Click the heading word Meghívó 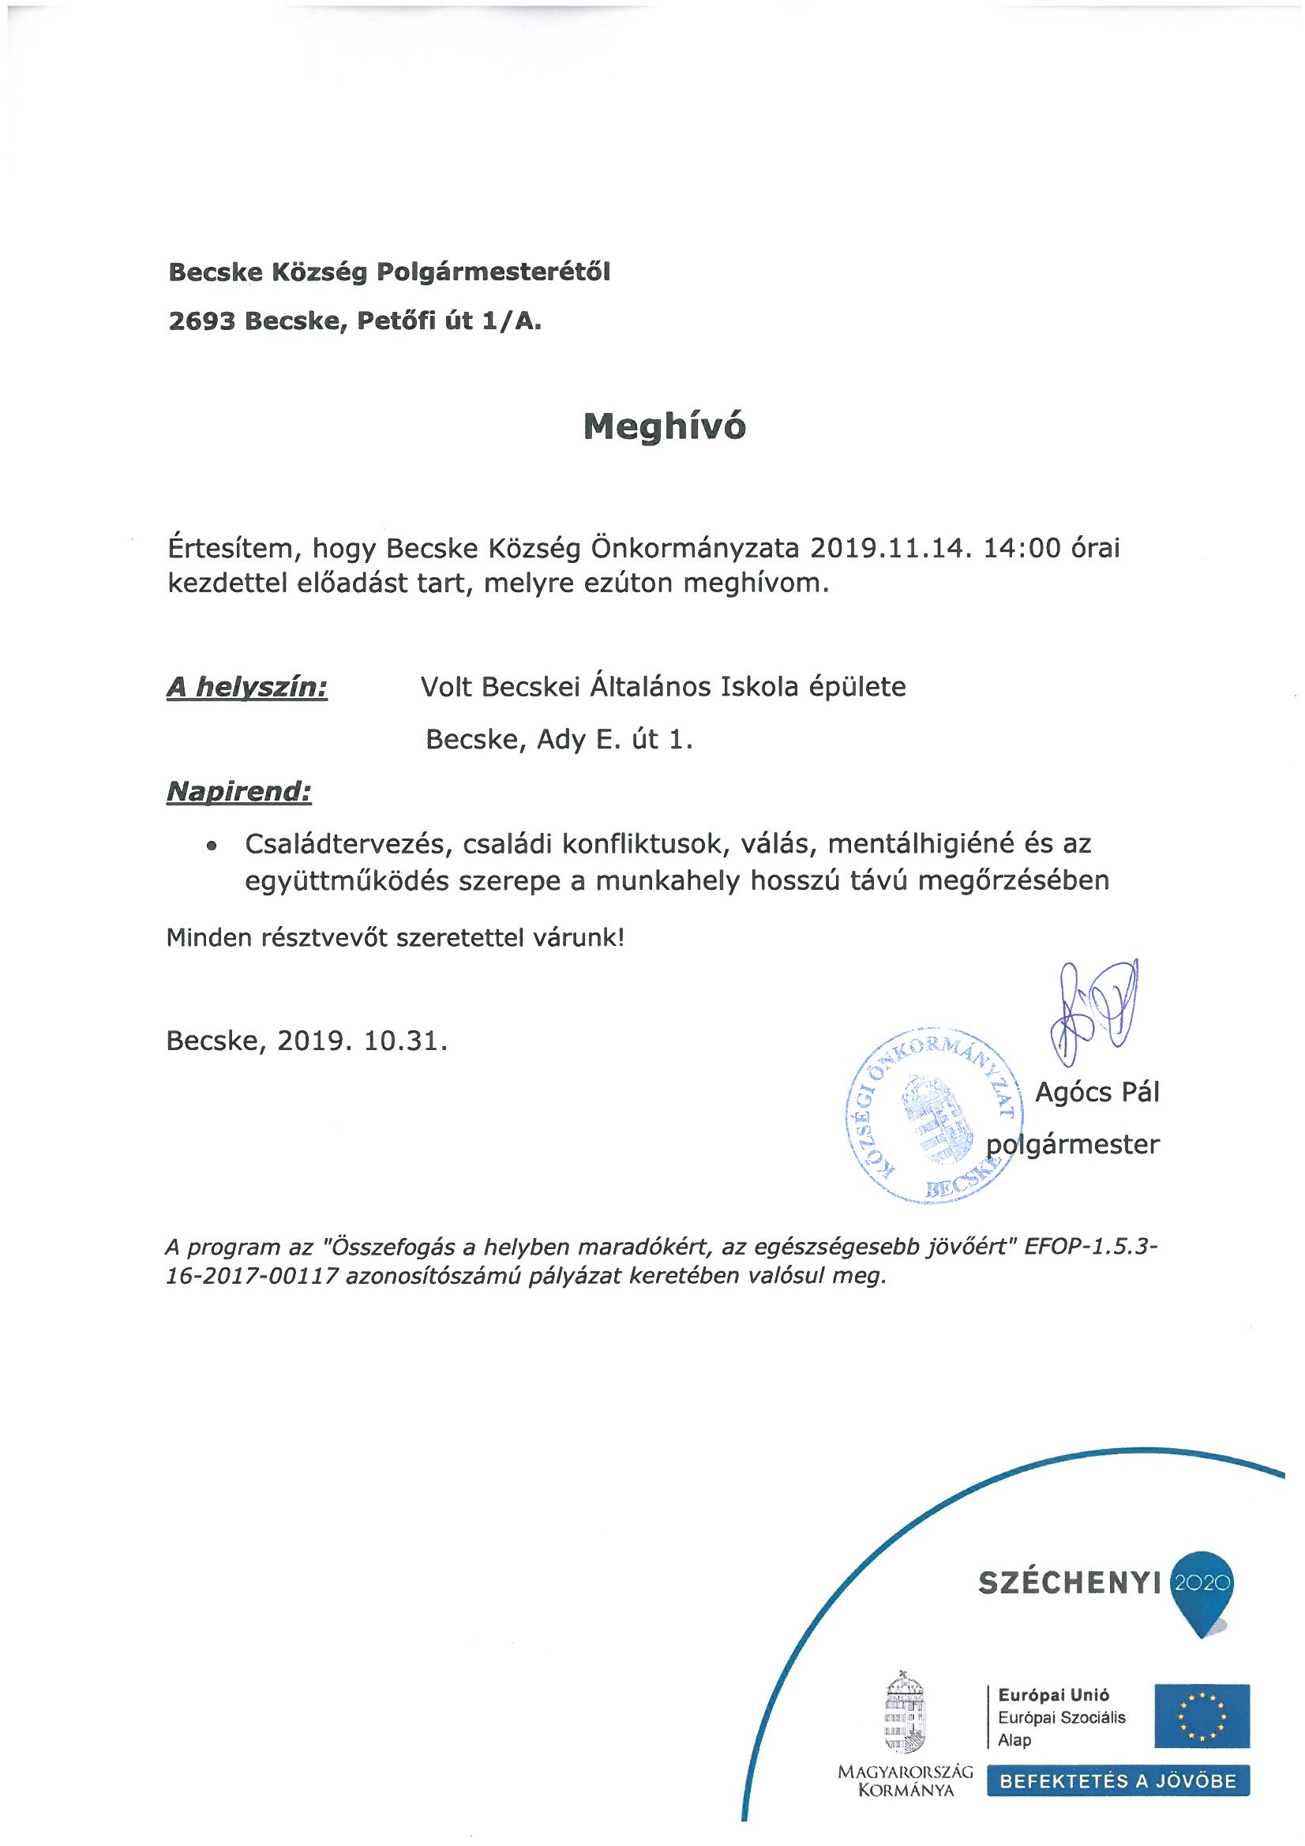point(664,427)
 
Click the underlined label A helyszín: point(247,688)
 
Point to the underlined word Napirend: point(238,792)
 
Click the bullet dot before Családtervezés point(212,846)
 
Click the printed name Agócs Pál point(1097,1093)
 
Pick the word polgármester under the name point(1074,1144)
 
